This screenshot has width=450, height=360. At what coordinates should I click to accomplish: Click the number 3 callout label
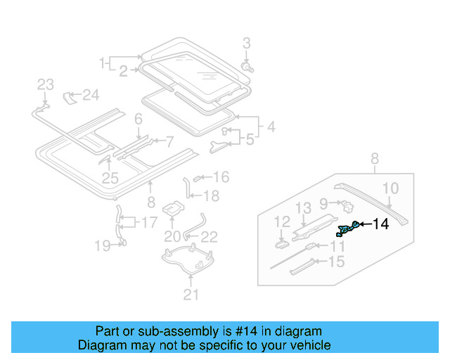[247, 44]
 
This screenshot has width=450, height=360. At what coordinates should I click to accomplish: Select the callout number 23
[45, 84]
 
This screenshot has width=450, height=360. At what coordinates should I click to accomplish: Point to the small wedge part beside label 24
[70, 96]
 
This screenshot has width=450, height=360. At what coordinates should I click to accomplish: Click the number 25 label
[109, 179]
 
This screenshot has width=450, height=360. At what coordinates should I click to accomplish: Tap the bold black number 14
[380, 224]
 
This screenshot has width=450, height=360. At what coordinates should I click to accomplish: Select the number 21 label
[191, 295]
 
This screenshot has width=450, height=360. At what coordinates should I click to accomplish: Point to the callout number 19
[103, 245]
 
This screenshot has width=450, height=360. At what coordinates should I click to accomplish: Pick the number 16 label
[221, 177]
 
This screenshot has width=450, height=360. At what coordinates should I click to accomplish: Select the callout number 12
[281, 221]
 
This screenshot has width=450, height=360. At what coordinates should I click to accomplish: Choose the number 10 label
[391, 188]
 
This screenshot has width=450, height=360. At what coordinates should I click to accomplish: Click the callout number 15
[337, 262]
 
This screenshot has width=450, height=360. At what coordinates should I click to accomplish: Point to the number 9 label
[324, 203]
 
